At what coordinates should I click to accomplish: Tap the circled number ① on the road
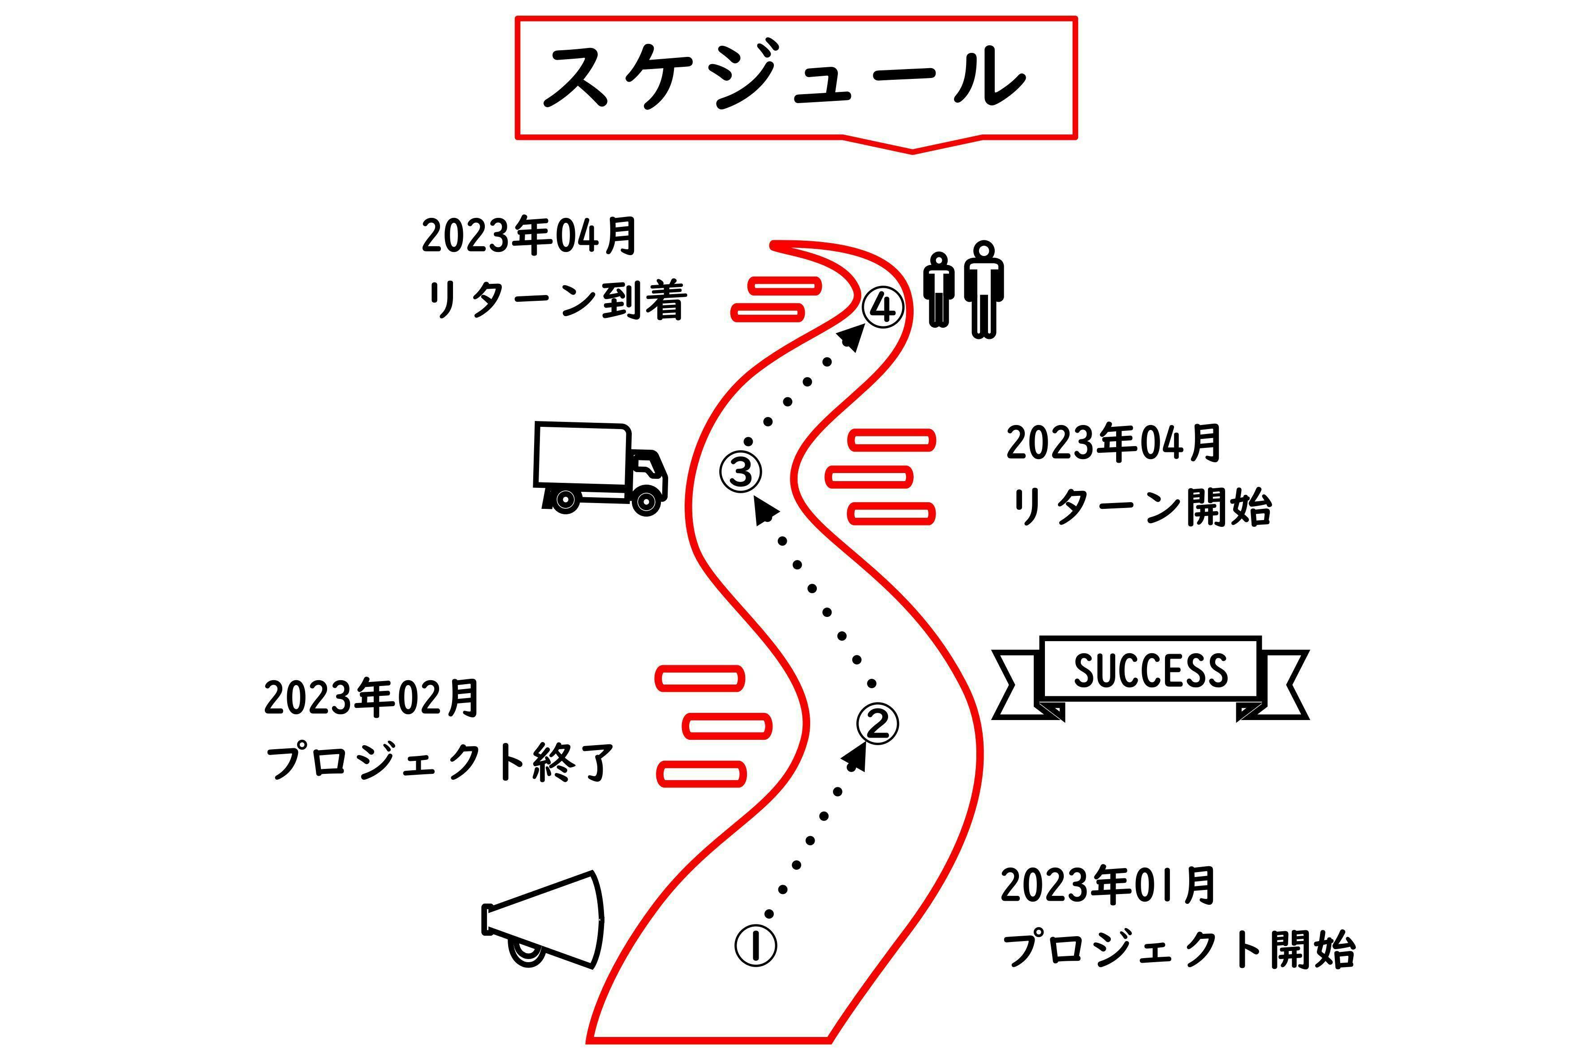click(x=755, y=946)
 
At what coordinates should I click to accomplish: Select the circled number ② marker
click(x=877, y=725)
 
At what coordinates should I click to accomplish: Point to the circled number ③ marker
click(x=740, y=471)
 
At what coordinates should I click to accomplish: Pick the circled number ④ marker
click(x=883, y=308)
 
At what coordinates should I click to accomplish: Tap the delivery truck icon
click(x=599, y=467)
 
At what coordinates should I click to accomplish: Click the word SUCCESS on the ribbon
click(x=1150, y=671)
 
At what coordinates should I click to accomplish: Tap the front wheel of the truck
click(x=645, y=500)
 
